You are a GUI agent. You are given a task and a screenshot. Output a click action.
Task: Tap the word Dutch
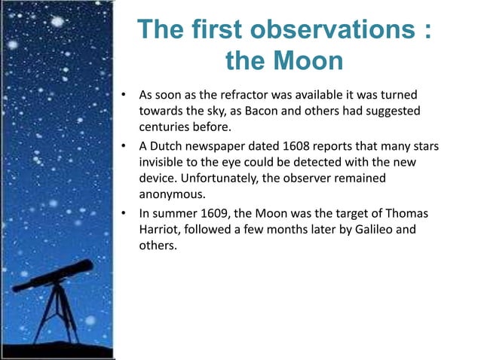tap(170, 145)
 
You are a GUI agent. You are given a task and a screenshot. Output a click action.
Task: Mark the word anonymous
tap(170, 195)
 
